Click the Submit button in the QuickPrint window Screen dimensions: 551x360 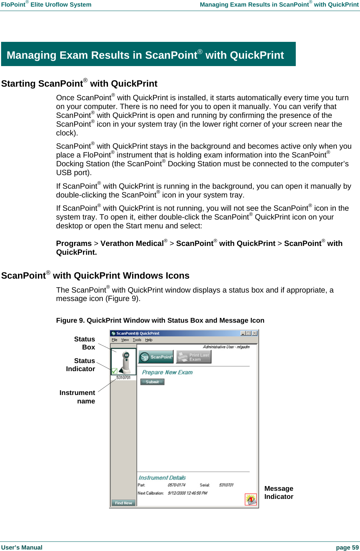[x=152, y=382]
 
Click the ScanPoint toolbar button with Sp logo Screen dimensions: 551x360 [x=156, y=357]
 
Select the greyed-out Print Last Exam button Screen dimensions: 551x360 [x=194, y=357]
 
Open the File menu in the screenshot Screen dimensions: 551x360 [x=114, y=340]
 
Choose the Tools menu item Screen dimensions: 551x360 [x=137, y=340]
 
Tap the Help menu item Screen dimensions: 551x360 [x=149, y=340]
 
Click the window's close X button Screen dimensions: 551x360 [x=255, y=333]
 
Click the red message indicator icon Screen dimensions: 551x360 [x=251, y=499]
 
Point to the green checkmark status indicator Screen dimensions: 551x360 [x=114, y=371]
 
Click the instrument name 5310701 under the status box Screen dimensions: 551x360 [x=123, y=378]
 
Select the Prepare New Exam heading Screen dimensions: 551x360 [x=167, y=372]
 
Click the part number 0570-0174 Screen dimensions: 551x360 [x=177, y=485]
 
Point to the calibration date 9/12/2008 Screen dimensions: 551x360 [x=187, y=493]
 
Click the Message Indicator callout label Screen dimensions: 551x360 [x=279, y=493]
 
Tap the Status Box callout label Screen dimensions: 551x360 [x=85, y=343]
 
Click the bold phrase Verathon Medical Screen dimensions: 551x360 [x=132, y=244]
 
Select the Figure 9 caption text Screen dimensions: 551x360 [x=160, y=320]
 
